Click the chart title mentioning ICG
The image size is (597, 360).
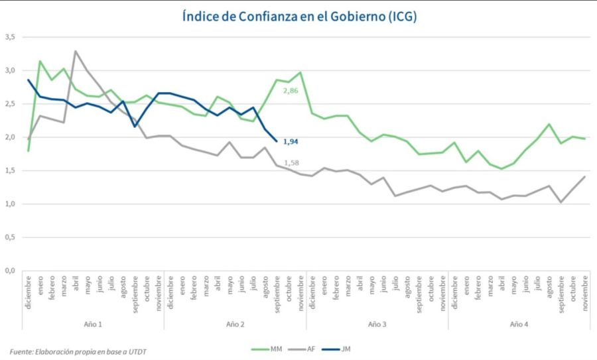[299, 17]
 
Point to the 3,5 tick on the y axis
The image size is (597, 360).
[9, 37]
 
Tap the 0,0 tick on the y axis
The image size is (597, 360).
[9, 271]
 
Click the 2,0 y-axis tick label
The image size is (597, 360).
[9, 137]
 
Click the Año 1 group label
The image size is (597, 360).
[93, 324]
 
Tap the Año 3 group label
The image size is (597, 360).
[377, 324]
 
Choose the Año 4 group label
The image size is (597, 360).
[519, 324]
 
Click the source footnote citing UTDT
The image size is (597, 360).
[78, 351]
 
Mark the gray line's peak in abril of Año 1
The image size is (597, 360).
[76, 51]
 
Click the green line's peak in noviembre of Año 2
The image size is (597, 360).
[300, 72]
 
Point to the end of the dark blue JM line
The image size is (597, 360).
[277, 141]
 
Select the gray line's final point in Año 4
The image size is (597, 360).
[585, 177]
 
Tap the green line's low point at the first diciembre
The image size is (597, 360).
[28, 150]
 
